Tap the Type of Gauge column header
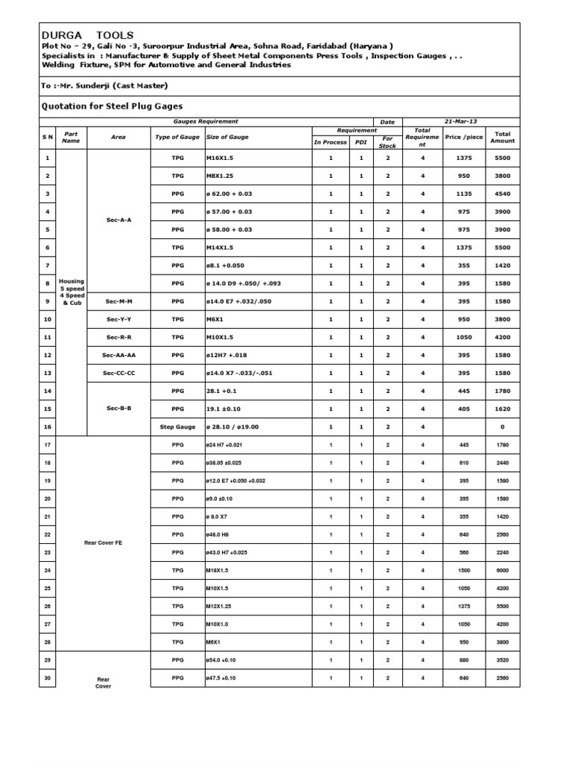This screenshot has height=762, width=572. [177, 138]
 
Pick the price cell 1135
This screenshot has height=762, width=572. [463, 194]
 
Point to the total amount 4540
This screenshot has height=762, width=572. [503, 194]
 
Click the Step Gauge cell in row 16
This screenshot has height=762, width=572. [177, 426]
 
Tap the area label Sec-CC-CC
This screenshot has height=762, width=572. [118, 373]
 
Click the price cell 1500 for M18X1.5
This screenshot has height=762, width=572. [463, 570]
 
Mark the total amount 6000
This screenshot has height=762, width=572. [503, 570]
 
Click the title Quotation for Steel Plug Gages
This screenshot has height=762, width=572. [111, 106]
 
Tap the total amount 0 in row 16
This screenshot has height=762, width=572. [503, 426]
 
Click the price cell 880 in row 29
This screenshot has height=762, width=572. [463, 659]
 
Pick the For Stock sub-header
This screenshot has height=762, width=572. [387, 142]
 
